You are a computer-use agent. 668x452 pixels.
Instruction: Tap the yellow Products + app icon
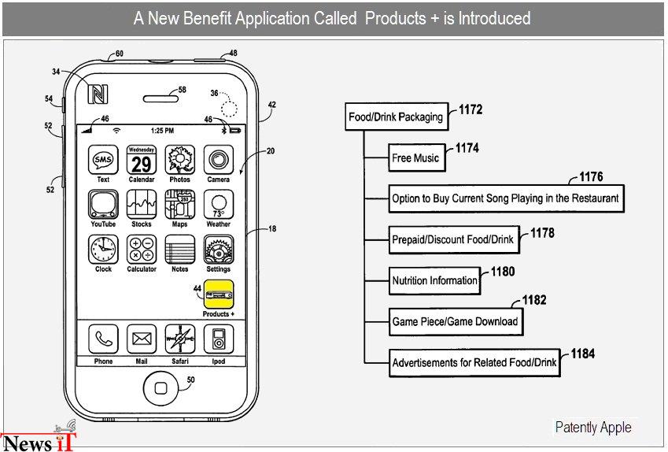219,295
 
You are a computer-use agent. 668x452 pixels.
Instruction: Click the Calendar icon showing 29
142,160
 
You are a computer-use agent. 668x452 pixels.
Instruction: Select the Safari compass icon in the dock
179,339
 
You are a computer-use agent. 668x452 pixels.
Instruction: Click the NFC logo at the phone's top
98,94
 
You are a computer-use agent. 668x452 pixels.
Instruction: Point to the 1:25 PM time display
162,131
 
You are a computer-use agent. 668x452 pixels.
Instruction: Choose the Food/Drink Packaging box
397,117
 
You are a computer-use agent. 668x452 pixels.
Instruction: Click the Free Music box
417,157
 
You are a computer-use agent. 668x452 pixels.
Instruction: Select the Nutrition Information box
435,280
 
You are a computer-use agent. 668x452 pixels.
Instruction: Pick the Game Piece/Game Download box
456,321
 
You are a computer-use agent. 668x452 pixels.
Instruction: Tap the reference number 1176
591,176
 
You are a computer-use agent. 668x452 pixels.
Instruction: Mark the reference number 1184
583,354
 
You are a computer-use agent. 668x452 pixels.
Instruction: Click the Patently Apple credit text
593,427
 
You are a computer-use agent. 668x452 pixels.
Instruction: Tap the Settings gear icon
219,250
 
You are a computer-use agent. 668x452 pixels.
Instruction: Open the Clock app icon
103,250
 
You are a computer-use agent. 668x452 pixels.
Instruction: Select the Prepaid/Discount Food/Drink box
454,239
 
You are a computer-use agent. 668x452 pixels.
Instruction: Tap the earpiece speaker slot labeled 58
161,99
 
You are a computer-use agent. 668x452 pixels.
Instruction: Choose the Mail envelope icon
142,339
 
